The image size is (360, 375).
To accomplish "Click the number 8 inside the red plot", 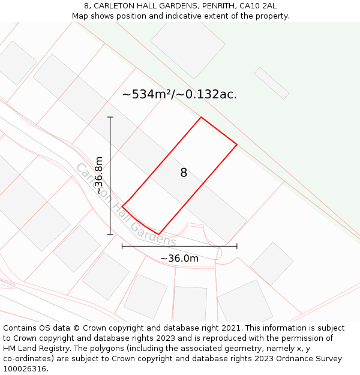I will click(184, 173).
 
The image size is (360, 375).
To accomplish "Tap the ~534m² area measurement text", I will click(147, 94).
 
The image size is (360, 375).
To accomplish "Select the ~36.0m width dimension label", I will click(179, 259).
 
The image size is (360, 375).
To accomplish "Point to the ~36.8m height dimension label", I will click(100, 175).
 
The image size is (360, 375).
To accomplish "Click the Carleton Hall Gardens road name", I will click(125, 205).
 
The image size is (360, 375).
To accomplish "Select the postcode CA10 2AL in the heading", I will click(257, 6).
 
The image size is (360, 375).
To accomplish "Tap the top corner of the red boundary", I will click(201, 117).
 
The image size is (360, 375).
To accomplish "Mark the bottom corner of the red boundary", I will click(159, 234).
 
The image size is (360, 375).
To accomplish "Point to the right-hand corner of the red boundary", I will click(237, 145).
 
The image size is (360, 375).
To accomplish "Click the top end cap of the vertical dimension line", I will click(110, 117).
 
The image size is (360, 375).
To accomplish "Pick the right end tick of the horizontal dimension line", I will click(237, 246).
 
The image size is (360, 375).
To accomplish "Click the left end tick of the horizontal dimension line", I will click(122, 246).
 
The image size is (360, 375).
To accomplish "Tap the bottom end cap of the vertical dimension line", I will click(110, 234).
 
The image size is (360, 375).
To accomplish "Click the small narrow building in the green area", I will click(272, 83).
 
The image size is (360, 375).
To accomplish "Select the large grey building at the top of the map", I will click(188, 41).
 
